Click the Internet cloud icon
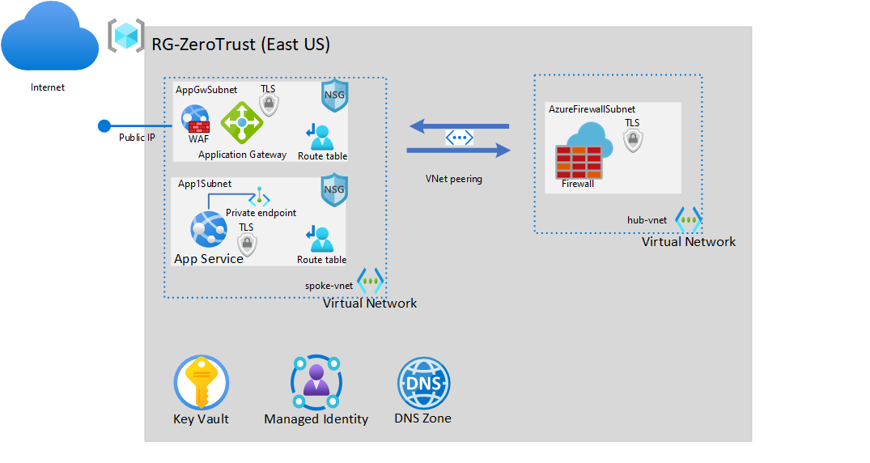tap(48, 36)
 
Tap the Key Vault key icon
tap(202, 383)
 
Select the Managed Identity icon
tap(316, 381)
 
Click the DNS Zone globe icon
tap(423, 383)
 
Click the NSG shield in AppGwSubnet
tap(334, 96)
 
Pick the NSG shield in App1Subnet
tap(334, 189)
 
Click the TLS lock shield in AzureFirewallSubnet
tap(632, 140)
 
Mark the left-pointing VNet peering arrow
tap(459, 125)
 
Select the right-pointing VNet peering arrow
tap(459, 150)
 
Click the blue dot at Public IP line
tap(104, 125)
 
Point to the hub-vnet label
tap(647, 220)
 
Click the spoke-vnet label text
tap(329, 286)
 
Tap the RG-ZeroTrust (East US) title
tap(241, 45)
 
